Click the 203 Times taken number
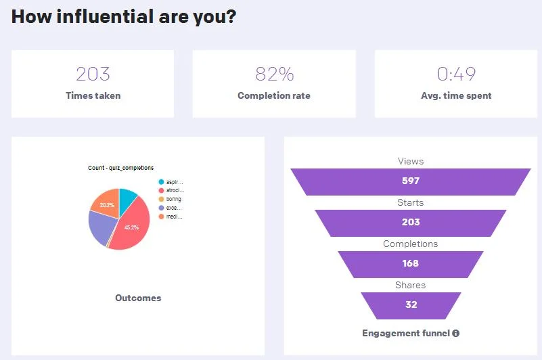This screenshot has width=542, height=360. (93, 74)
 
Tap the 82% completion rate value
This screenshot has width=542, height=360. (274, 74)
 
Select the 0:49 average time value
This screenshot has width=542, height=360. (456, 74)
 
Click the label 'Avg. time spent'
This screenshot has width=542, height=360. (456, 95)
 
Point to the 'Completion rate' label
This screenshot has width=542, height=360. (274, 95)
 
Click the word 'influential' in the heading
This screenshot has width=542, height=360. (101, 17)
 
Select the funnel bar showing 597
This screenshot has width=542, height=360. (410, 181)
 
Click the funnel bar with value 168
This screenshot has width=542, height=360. (410, 263)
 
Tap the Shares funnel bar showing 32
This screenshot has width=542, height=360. (411, 305)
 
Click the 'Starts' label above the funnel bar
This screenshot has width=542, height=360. (410, 202)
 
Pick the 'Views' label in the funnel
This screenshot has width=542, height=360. (410, 161)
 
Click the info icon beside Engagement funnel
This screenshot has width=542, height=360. (456, 333)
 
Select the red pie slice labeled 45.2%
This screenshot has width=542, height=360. (131, 229)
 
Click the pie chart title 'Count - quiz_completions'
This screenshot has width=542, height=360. (120, 168)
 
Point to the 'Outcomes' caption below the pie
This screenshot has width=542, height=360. (138, 298)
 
